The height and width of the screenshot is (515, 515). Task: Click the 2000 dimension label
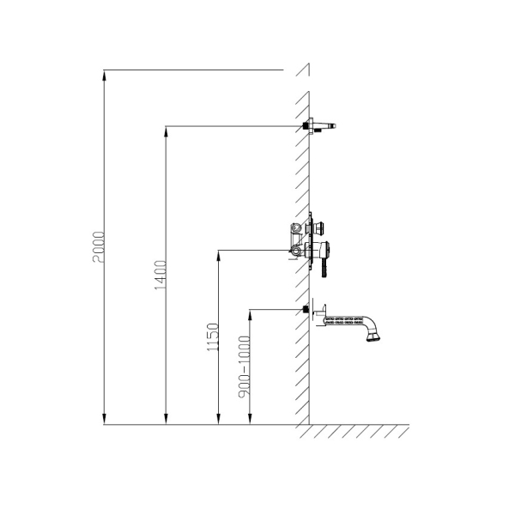point(99,247)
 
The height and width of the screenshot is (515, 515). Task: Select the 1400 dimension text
point(161,276)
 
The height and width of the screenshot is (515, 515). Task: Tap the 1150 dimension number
point(213,337)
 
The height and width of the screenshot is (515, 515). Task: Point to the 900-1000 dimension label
point(244,367)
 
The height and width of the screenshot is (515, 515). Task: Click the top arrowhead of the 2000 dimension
point(104,76)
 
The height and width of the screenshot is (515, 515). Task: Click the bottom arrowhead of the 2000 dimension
point(104,419)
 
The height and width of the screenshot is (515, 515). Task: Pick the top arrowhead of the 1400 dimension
point(166,131)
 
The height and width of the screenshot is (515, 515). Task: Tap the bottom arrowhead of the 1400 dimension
point(166,419)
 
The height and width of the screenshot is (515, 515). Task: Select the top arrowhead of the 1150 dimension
point(218,256)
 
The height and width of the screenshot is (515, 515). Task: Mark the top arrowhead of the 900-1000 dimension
point(250,315)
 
